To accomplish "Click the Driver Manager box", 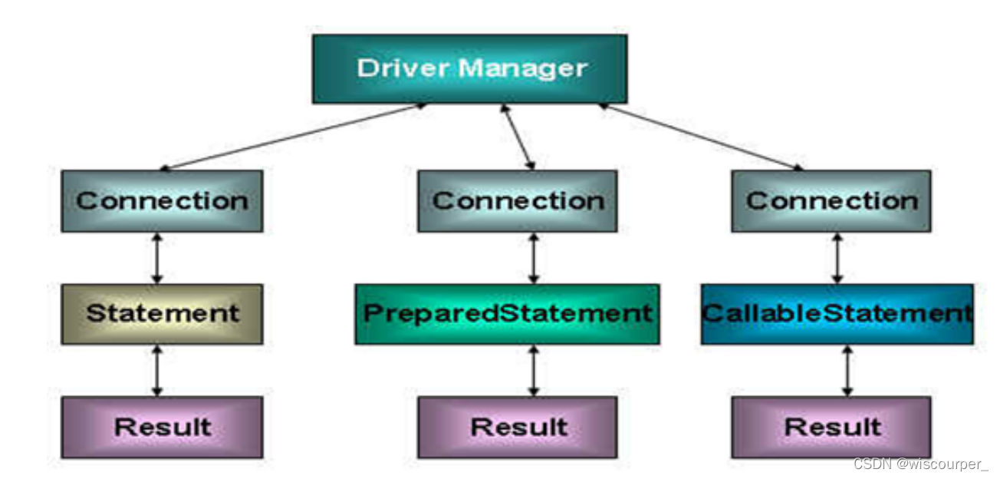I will pos(469,69).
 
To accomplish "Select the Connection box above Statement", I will pos(162,201).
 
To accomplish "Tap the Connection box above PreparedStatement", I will pos(518,201).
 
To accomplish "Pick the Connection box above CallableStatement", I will pos(831,201).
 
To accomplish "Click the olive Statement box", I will pos(162,313).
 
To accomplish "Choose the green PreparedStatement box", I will pos(507,313).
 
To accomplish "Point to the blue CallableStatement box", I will pos(837,313).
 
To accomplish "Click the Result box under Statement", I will pos(162,427).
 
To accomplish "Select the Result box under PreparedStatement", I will pos(518,427).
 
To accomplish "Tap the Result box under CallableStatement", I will pos(831,427).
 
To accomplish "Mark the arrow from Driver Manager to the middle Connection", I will pos(518,137).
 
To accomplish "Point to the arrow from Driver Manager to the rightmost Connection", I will pos(702,136).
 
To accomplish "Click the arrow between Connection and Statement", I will pos(157,258).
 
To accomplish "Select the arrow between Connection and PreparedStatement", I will pos(534,258).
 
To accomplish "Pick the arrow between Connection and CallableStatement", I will pos(837,258).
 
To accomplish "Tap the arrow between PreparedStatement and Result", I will pos(534,370).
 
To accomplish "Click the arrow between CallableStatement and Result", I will pos(847,370).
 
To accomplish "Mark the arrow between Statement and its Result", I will pos(157,370).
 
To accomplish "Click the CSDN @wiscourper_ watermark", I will pos(919,464).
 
